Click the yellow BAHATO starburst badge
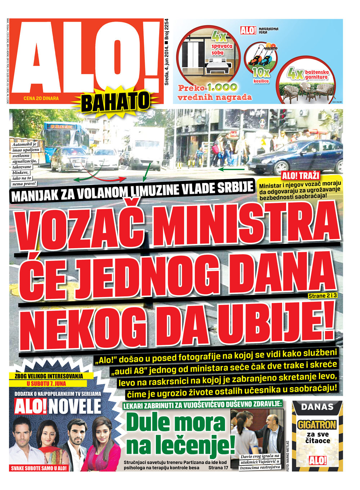[x=115, y=101]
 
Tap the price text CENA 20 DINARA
[x=41, y=98]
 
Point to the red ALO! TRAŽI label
[x=301, y=176]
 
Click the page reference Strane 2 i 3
[x=323, y=296]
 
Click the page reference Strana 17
[x=218, y=468]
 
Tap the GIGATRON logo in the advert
[x=317, y=425]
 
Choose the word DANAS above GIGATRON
[x=317, y=407]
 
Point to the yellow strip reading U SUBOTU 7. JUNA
[x=46, y=384]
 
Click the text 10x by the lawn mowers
[x=261, y=73]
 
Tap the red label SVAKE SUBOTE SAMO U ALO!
[x=39, y=468]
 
